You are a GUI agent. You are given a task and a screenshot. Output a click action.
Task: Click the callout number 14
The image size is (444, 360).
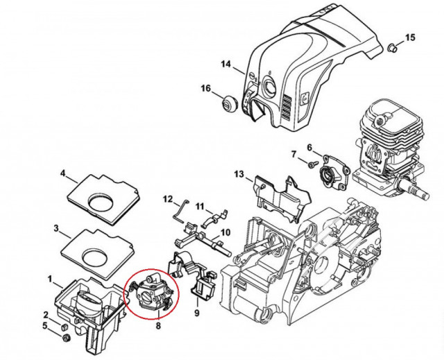(x=225, y=65)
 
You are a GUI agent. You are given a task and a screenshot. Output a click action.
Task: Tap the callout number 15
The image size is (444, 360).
(x=409, y=37)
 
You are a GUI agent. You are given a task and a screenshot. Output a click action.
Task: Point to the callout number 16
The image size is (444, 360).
(x=205, y=88)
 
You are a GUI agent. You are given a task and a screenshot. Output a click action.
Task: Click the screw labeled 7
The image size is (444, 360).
(x=314, y=164)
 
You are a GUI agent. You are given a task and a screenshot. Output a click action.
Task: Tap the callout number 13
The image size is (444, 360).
(x=239, y=173)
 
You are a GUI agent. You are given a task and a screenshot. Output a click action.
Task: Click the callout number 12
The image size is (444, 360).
(x=167, y=199)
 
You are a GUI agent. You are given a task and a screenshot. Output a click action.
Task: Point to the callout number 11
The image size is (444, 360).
(x=199, y=207)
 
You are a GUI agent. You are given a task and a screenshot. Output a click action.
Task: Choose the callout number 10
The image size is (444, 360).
(x=225, y=232)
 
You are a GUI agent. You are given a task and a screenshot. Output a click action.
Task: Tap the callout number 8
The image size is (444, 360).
(x=158, y=323)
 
